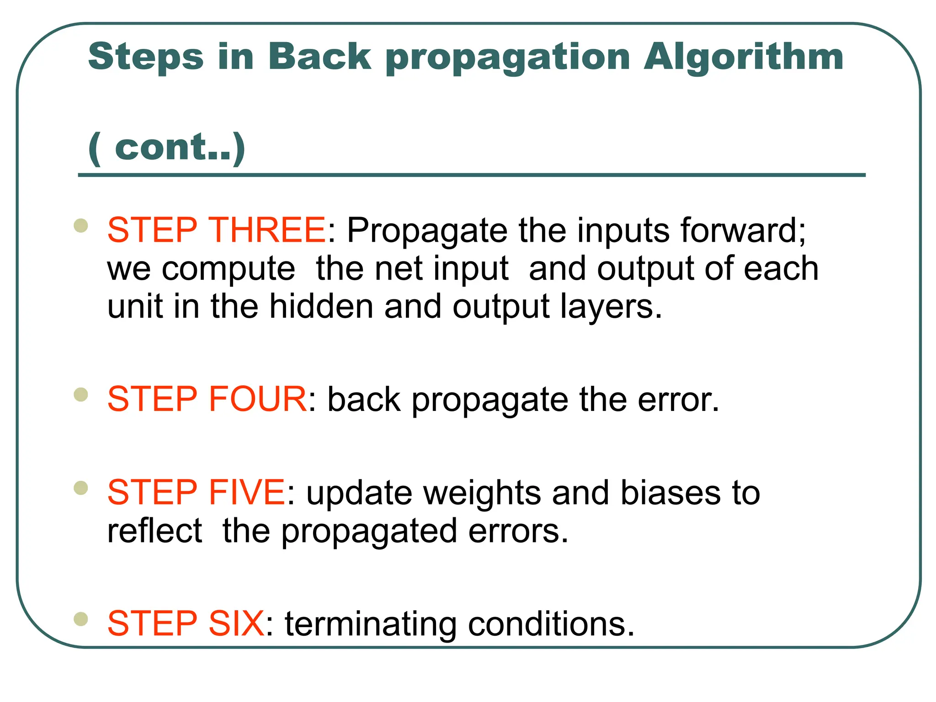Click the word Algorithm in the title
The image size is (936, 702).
(743, 57)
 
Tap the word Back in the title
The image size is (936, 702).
(319, 57)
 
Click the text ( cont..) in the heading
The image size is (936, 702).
(167, 147)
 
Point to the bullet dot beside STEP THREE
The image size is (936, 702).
(81, 225)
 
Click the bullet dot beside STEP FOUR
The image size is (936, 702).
(81, 394)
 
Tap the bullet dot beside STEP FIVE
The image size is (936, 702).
(81, 488)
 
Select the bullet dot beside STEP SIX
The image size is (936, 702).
(81, 619)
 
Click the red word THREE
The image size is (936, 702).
(266, 230)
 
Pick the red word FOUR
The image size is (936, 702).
(257, 399)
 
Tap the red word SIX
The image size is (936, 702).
(236, 623)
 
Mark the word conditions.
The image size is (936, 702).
(551, 624)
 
